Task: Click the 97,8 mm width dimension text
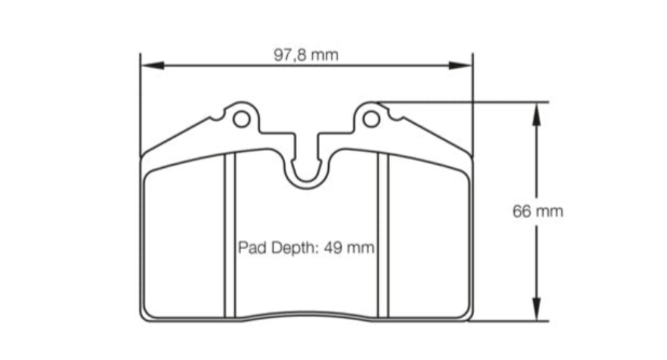(x=305, y=55)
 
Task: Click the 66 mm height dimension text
(x=537, y=211)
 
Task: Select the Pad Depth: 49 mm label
(x=305, y=248)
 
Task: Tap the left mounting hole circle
(x=241, y=119)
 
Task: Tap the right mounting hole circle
(x=371, y=119)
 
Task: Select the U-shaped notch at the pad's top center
(x=306, y=171)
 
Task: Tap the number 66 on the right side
(x=522, y=211)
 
